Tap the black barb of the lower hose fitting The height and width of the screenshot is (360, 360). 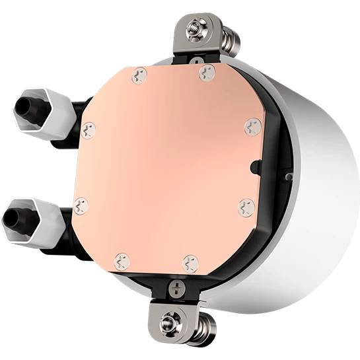(15, 215)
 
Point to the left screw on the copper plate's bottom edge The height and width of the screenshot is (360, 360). (120, 260)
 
